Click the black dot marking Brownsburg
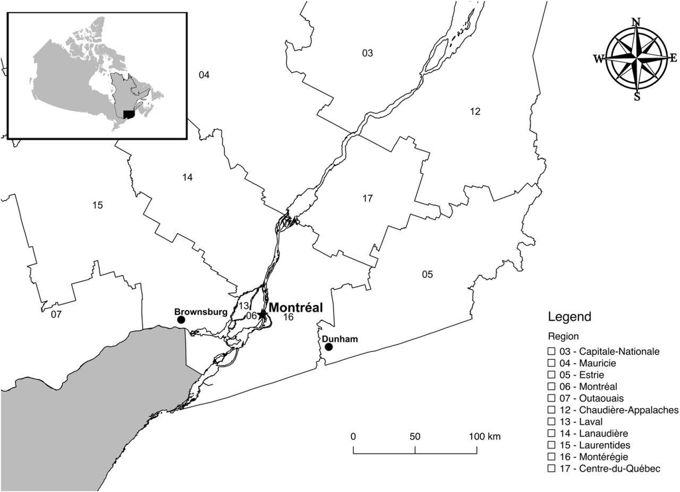(181, 320)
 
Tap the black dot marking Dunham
(328, 347)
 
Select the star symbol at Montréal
(262, 314)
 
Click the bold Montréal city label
(295, 308)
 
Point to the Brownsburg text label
(201, 312)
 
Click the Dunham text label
(339, 339)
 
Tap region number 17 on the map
(368, 198)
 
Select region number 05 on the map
(428, 274)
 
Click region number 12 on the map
(475, 111)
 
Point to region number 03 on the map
(368, 53)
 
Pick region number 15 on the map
(97, 205)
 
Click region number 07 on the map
(56, 314)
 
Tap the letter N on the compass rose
(636, 22)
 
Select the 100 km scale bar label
(484, 437)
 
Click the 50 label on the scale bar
(415, 437)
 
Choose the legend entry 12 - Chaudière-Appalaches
(613, 410)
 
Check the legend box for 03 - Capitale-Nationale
(551, 351)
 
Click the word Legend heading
(569, 317)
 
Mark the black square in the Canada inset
(128, 114)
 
